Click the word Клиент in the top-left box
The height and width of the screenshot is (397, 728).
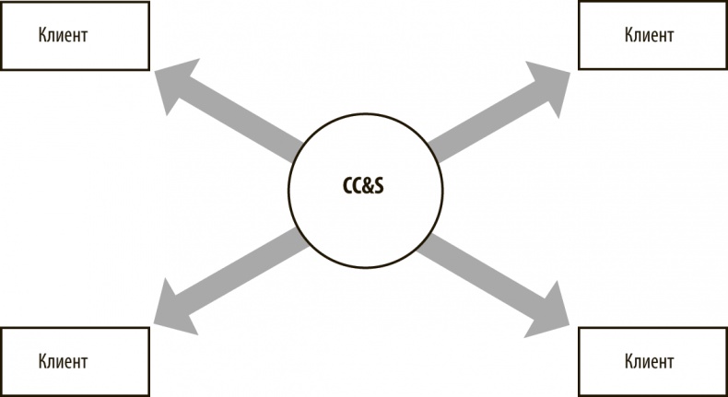pyautogui.click(x=63, y=36)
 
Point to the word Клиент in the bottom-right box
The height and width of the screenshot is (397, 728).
pyautogui.click(x=648, y=360)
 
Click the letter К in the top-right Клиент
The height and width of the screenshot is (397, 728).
pyautogui.click(x=628, y=36)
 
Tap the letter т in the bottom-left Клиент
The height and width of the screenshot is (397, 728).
pyautogui.click(x=84, y=361)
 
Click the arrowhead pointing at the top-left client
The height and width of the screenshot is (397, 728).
pyautogui.click(x=174, y=85)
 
